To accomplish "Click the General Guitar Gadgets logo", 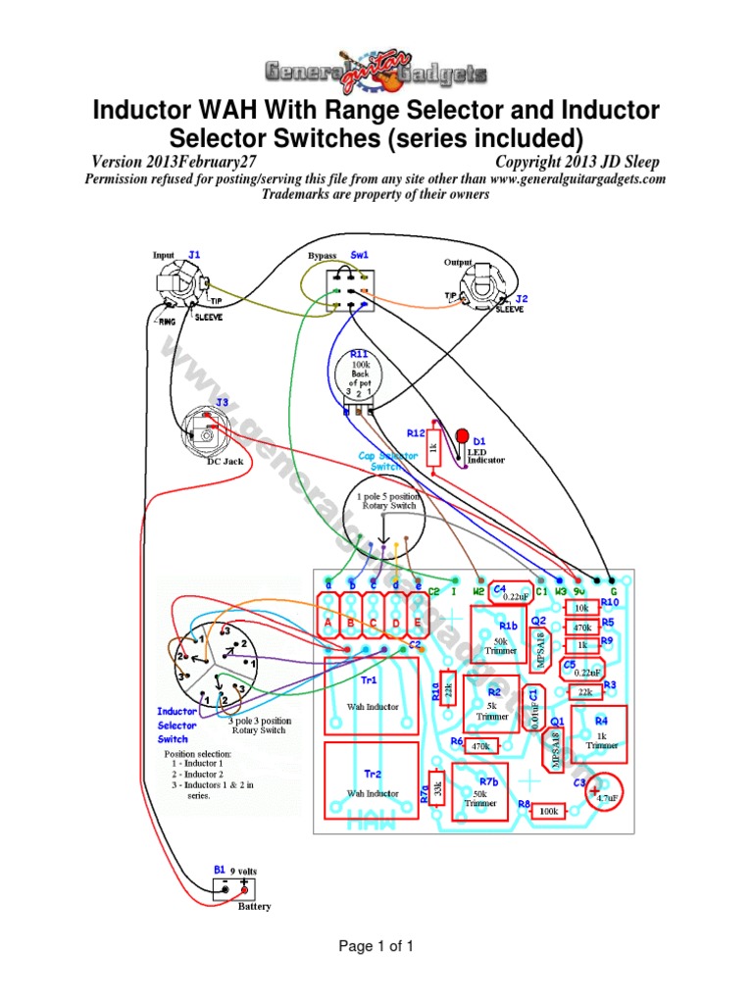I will tap(376, 71).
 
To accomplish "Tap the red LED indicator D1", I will tap(462, 434).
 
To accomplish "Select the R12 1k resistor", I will tap(431, 450).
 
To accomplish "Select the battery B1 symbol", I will tap(235, 888).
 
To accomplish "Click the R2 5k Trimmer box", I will tap(493, 708).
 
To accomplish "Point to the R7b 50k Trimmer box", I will tap(480, 793).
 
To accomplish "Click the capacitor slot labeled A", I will tap(329, 622).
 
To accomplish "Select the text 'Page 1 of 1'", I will tap(376, 946).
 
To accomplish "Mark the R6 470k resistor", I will tap(480, 746).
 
